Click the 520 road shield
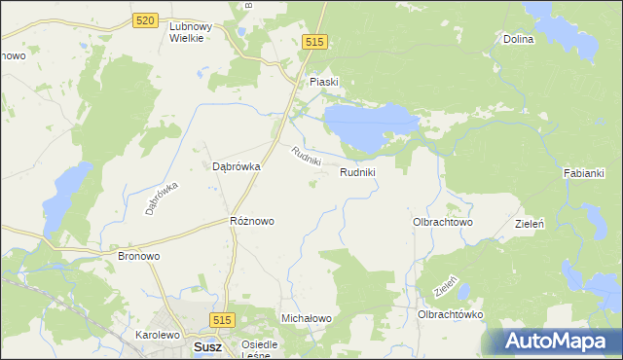click(147, 20)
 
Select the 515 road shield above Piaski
click(313, 42)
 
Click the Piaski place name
click(323, 83)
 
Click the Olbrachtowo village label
click(443, 222)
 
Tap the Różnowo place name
click(251, 221)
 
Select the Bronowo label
click(138, 256)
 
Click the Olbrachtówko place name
click(450, 315)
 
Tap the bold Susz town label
click(207, 346)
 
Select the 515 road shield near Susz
click(222, 320)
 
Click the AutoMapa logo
click(556, 342)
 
